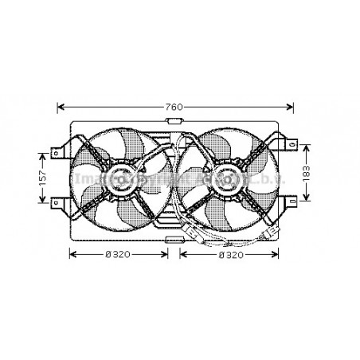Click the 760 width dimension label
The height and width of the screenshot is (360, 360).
[x=175, y=107]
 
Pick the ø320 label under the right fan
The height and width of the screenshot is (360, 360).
[x=230, y=254]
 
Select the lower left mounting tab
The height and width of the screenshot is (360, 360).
[x=57, y=203]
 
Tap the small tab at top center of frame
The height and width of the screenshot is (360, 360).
[x=174, y=122]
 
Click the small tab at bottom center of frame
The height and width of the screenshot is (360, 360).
[x=174, y=237]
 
